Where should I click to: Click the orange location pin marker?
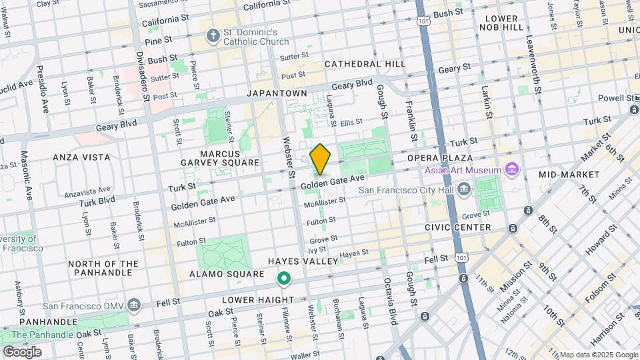pyautogui.click(x=320, y=159)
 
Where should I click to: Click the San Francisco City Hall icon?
pyautogui.click(x=464, y=190)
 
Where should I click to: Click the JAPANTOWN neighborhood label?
pyautogui.click(x=277, y=93)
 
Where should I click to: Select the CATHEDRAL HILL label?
pyautogui.click(x=365, y=64)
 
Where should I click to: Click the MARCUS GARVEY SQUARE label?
pyautogui.click(x=219, y=158)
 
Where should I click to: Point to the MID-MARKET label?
pyautogui.click(x=569, y=174)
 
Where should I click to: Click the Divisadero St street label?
pyautogui.click(x=143, y=77)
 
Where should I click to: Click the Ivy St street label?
pyautogui.click(x=317, y=250)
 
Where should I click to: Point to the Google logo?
pyautogui.click(x=22, y=352)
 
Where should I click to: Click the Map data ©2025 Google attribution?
pyautogui.click(x=598, y=355)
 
